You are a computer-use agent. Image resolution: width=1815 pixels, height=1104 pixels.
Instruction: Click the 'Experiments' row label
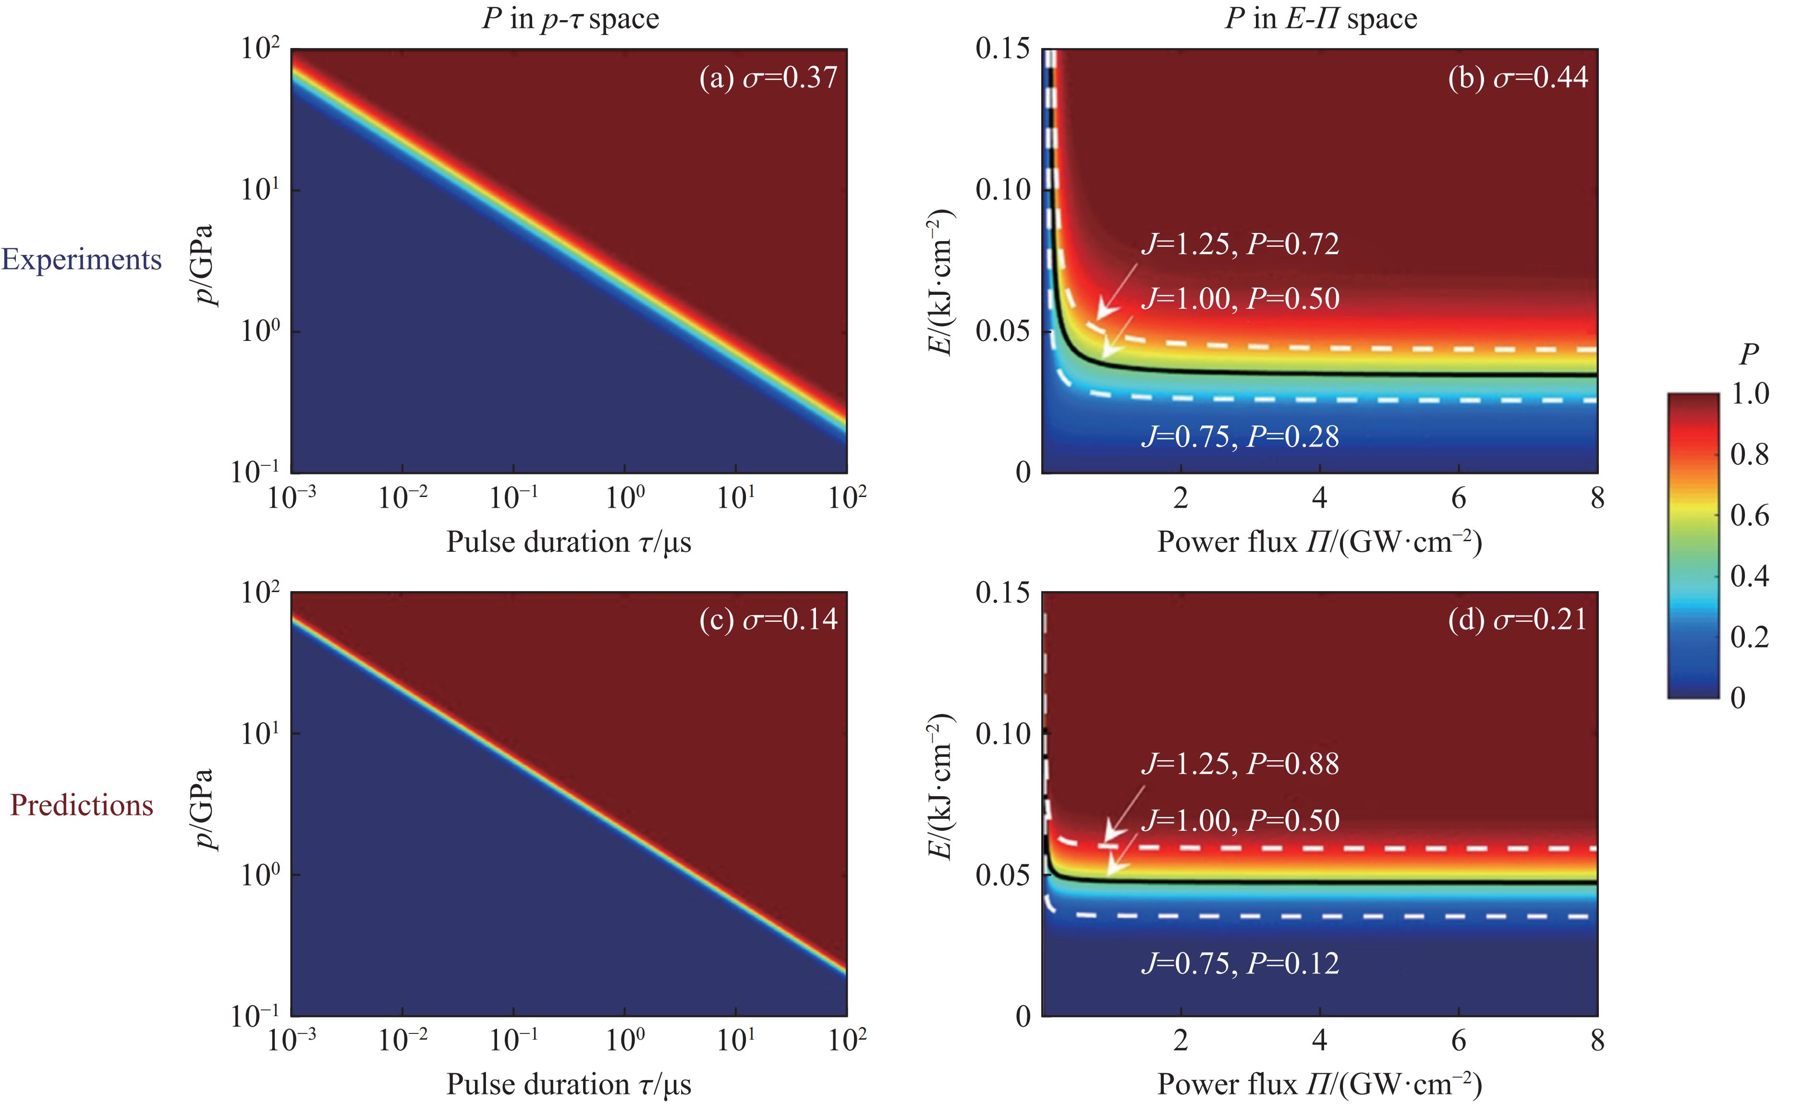click(x=82, y=260)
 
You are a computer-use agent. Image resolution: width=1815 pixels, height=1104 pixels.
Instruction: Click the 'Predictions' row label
click(x=82, y=805)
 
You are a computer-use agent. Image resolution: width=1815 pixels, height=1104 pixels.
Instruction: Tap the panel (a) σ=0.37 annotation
click(x=768, y=77)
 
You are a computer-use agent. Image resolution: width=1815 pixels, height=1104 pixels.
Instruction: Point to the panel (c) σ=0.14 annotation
click(x=768, y=619)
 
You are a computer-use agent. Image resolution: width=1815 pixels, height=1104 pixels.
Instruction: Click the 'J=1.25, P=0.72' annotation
click(x=1240, y=244)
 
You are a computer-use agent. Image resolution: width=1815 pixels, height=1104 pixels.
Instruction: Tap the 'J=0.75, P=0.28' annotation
click(x=1240, y=437)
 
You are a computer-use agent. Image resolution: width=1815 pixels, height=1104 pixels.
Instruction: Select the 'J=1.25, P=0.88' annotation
click(x=1240, y=764)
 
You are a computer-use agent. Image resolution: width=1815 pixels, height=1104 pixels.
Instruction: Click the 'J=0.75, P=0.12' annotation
click(x=1240, y=963)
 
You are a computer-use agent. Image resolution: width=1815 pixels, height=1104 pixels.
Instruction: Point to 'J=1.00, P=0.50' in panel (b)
click(x=1240, y=298)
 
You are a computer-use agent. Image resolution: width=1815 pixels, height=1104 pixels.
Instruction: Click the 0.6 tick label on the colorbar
click(x=1750, y=515)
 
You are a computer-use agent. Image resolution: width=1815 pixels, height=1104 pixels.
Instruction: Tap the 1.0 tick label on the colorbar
click(x=1750, y=394)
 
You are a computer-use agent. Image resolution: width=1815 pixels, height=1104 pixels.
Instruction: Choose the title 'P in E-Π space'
click(x=1321, y=18)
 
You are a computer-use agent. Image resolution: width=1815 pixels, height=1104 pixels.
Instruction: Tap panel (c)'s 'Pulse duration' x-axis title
click(x=569, y=1084)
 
